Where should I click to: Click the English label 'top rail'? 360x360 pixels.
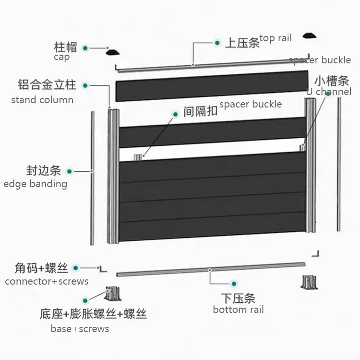point(275,38)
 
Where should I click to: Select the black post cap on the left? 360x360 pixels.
point(114,52)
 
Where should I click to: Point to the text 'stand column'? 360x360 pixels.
point(42,100)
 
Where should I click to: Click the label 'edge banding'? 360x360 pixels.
point(35,183)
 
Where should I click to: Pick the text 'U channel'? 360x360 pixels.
point(329,92)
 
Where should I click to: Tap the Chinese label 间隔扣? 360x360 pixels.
point(200,112)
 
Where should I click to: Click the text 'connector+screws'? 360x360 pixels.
point(47,281)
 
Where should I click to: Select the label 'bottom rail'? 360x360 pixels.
point(238,310)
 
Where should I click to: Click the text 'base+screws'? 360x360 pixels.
point(80,329)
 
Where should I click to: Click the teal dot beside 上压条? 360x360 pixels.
point(217,42)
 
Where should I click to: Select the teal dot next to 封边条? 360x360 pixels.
point(70,171)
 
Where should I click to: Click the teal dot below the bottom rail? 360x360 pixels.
point(234,284)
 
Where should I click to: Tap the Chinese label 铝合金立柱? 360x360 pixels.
point(47,85)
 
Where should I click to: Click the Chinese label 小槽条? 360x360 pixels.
point(331,80)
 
